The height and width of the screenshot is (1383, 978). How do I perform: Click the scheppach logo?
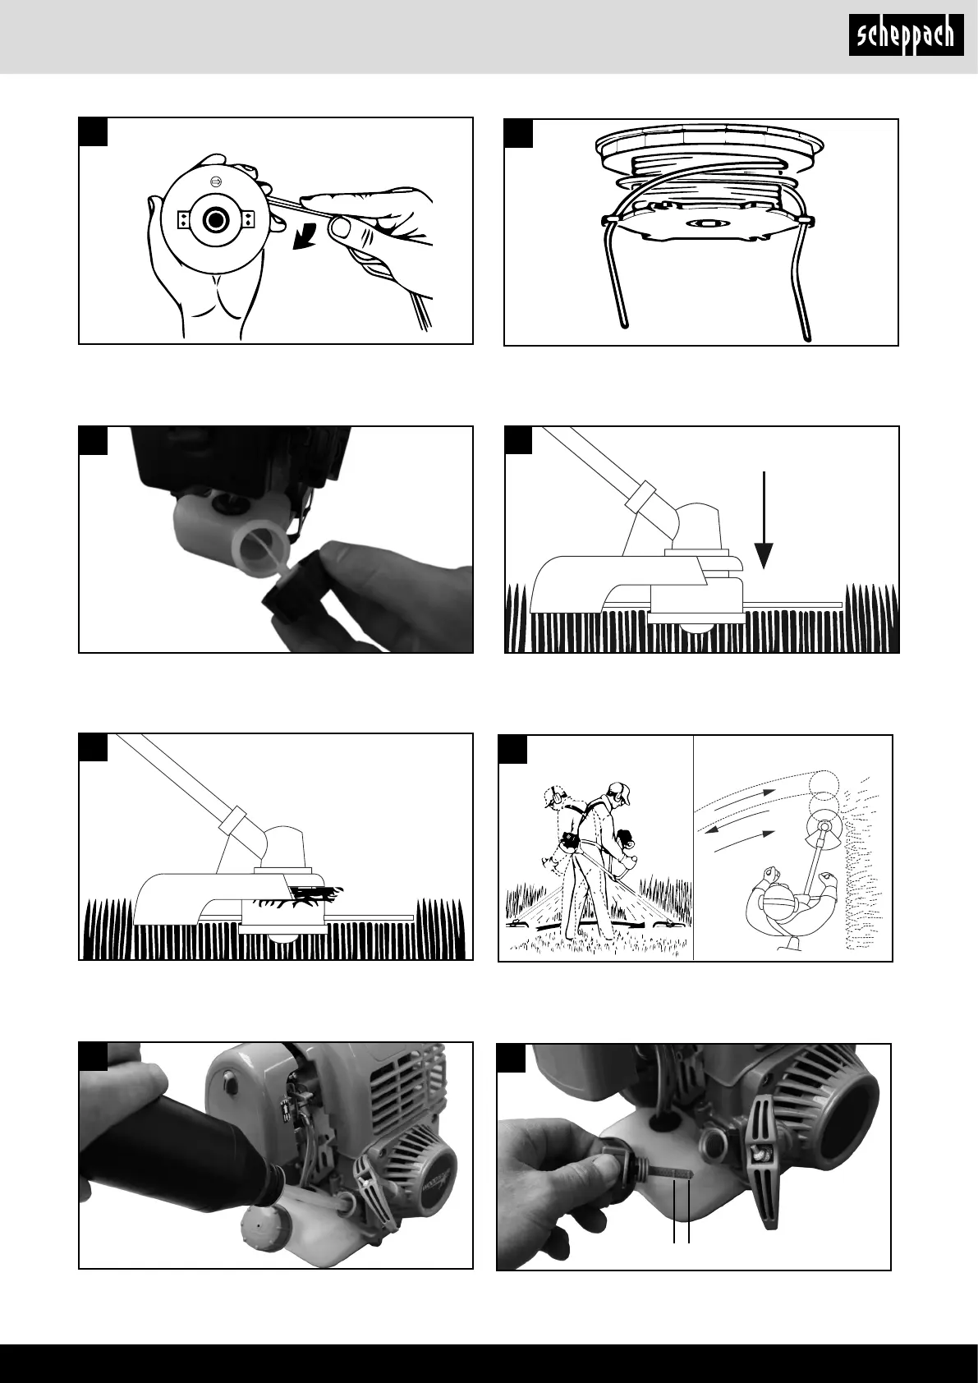tap(906, 35)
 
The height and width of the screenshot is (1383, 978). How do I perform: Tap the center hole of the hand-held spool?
tap(214, 220)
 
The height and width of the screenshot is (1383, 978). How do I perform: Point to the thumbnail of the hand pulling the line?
tap(341, 227)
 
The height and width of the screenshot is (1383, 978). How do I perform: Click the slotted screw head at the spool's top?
tap(215, 181)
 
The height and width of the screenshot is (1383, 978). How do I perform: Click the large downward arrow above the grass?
tap(764, 520)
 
